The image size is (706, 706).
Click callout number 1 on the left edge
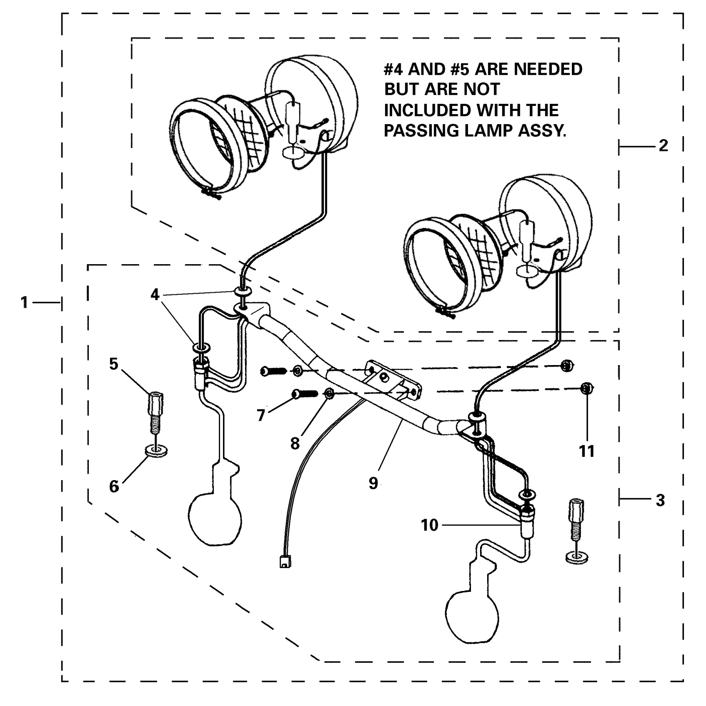click(x=25, y=302)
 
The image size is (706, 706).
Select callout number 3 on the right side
click(x=660, y=500)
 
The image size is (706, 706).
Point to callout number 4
click(x=155, y=294)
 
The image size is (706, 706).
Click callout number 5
click(x=114, y=364)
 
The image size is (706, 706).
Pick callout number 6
click(x=114, y=486)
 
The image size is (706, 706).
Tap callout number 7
click(x=261, y=414)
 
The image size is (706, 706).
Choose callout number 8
click(x=295, y=444)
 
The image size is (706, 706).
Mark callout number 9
click(x=373, y=483)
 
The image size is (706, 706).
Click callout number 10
click(x=429, y=525)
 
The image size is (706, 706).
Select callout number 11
click(x=587, y=451)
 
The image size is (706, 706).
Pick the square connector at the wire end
click(x=284, y=562)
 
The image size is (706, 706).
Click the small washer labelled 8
click(x=328, y=393)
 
